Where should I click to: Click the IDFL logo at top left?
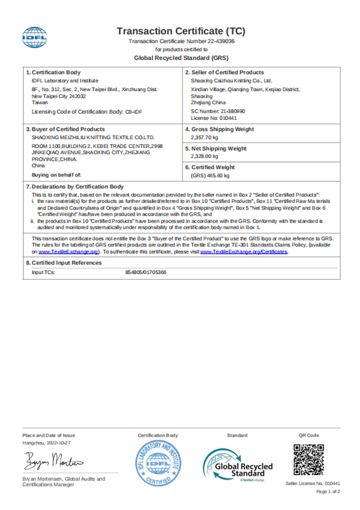tap(35, 37)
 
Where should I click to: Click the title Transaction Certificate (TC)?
tap(181, 31)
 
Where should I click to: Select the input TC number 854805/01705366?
tap(146, 272)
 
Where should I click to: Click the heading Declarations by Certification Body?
tap(77, 187)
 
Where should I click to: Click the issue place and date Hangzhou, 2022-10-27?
tap(47, 442)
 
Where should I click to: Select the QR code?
tap(308, 460)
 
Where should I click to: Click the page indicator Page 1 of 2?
tap(328, 491)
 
